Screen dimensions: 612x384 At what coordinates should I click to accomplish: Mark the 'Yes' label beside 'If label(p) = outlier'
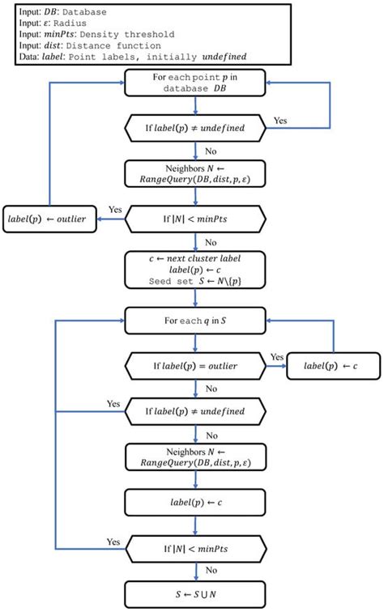click(276, 357)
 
